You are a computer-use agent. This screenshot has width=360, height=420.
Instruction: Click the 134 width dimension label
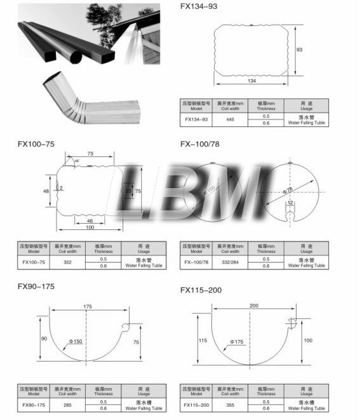[252, 81]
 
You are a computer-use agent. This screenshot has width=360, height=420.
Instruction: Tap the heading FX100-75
[36, 144]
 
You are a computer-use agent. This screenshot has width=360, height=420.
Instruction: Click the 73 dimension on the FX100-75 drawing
[90, 154]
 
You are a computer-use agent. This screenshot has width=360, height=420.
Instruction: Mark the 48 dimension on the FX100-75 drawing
[46, 191]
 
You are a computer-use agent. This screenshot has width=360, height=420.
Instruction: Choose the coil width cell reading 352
[67, 262]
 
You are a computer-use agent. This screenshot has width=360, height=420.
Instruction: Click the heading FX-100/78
[201, 144]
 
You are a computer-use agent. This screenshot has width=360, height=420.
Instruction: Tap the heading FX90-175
[36, 287]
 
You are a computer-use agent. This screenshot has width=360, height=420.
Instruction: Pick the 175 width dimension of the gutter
[88, 307]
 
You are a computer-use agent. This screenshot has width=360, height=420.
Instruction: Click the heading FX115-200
[201, 290]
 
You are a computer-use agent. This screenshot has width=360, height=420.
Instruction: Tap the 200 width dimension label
[254, 306]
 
